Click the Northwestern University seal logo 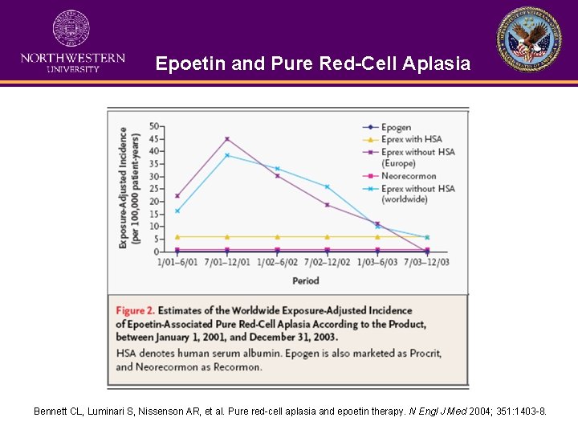[71, 29]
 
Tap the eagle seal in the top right [529, 39]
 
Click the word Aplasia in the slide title [434, 63]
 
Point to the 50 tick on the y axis [154, 126]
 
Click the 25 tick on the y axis [154, 189]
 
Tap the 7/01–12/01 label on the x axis [227, 263]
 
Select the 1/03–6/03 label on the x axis [377, 263]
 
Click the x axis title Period [305, 280]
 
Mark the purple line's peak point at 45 [227, 139]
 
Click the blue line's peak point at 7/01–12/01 [227, 155]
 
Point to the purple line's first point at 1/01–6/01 [177, 195]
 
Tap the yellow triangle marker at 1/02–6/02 [277, 237]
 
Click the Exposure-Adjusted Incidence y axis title [128, 186]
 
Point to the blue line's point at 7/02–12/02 [327, 186]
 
